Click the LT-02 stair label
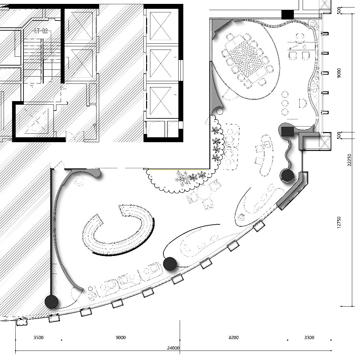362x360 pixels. [x=41, y=31]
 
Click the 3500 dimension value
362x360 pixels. [x=38, y=337]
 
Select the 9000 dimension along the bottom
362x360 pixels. [x=121, y=337]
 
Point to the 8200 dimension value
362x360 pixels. [x=234, y=337]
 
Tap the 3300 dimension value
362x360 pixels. [x=309, y=337]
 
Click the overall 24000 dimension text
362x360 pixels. [x=173, y=348]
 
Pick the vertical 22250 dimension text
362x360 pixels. [x=349, y=160]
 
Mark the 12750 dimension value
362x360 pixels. [x=339, y=222]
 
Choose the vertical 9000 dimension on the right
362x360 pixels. [x=339, y=73]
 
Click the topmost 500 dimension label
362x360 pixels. [x=339, y=11]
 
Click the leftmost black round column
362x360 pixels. [x=51, y=302]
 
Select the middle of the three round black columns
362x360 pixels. [x=170, y=264]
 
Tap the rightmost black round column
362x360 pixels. [x=287, y=175]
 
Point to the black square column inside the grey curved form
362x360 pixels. [x=287, y=131]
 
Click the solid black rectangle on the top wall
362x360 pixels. [x=288, y=15]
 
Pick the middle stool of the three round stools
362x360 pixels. [x=285, y=103]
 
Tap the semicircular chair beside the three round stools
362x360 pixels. [x=303, y=103]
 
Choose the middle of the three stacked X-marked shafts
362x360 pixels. [x=160, y=64]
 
